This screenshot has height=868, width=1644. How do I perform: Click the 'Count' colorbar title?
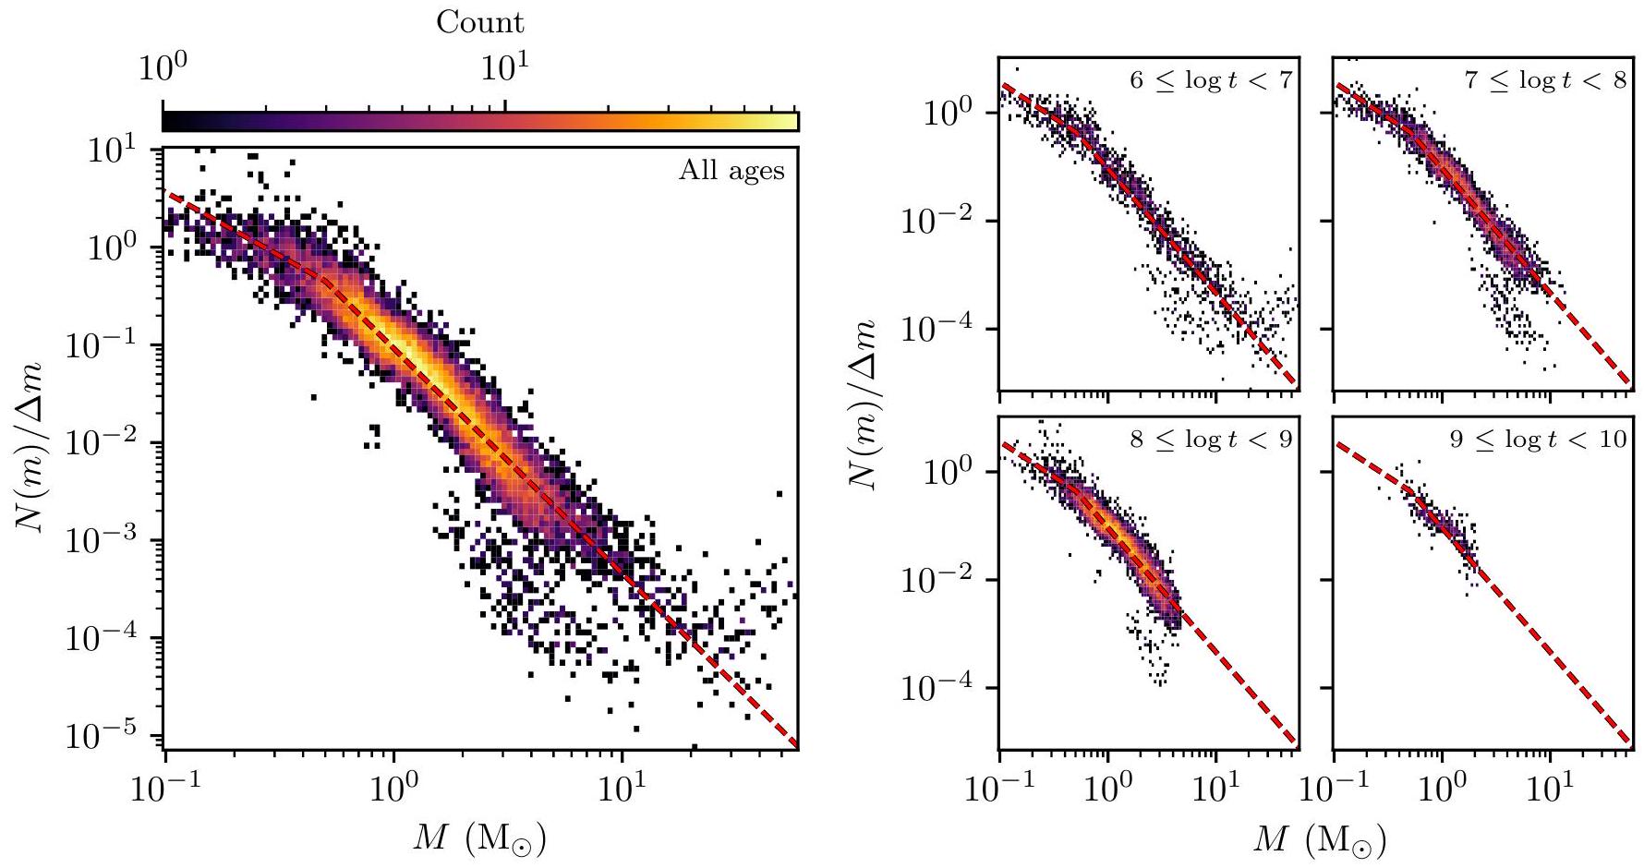479,23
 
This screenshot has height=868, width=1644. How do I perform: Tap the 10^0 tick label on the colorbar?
163,69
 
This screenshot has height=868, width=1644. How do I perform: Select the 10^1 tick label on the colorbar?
506,69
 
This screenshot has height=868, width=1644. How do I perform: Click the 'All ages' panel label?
731,171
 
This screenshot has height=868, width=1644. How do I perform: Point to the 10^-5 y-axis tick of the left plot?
112,735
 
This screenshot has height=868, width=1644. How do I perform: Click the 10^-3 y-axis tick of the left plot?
112,540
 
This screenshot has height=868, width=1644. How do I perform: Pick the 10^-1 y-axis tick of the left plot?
112,345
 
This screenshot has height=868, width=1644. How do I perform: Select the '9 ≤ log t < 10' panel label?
1538,439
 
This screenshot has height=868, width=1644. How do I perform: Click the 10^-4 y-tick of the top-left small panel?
943,330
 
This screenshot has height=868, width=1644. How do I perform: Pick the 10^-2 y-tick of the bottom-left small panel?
943,580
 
